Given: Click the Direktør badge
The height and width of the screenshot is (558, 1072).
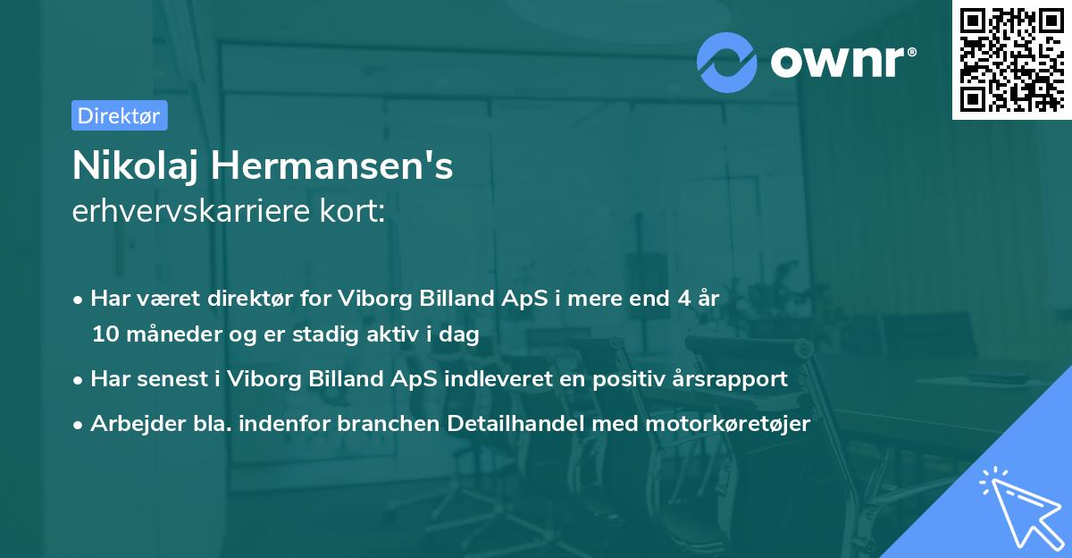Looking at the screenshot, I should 119,115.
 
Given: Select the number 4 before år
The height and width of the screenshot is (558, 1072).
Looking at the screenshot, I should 685,299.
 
